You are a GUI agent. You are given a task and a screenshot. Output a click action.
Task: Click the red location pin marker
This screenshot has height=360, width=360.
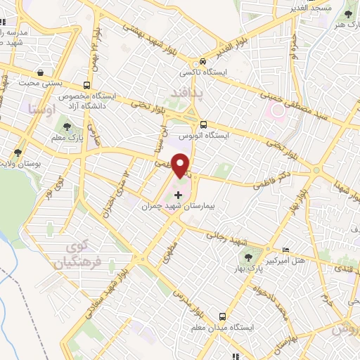(x=181, y=164)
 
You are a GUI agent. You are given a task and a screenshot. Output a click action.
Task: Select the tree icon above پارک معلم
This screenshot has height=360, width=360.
(x=67, y=127)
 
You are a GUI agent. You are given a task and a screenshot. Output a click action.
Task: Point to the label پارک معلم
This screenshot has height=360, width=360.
(x=67, y=139)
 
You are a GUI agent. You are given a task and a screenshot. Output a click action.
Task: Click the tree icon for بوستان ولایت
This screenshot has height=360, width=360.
(x=18, y=152)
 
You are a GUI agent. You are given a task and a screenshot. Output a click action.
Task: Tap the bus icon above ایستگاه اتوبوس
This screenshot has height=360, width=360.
(x=202, y=123)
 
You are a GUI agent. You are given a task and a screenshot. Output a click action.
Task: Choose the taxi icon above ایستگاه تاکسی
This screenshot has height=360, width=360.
(x=202, y=61)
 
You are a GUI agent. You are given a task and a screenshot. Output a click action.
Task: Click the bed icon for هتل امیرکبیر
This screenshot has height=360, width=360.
(x=285, y=250)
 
